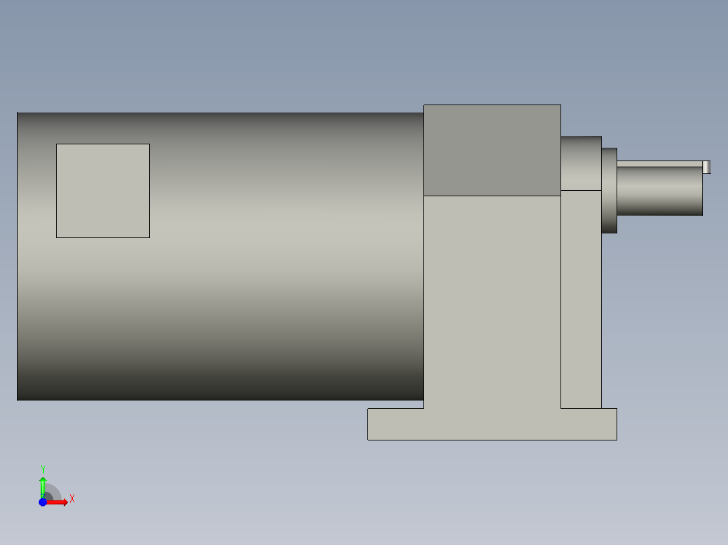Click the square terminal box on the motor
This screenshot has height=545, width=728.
coord(103,190)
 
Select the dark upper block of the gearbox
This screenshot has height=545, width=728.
coord(492,150)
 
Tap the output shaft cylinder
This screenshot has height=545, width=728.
coord(659,192)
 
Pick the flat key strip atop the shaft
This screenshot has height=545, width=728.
coord(659,163)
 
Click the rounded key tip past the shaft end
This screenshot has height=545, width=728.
coord(707,167)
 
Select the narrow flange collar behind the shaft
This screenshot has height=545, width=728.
coord(609,190)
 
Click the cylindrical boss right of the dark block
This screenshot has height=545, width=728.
coord(581,163)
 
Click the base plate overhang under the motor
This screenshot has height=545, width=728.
coord(395,424)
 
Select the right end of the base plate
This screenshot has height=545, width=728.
coord(608,424)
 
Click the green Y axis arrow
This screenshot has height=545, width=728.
coord(43,484)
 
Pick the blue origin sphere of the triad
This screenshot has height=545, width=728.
coord(43,503)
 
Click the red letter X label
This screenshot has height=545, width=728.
coord(72,499)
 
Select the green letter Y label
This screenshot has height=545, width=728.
coord(43,469)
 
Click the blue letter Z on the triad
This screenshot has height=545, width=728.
coord(42,496)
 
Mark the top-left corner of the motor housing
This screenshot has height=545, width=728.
coord(18,113)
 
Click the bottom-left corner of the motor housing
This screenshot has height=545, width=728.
coord(18,399)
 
